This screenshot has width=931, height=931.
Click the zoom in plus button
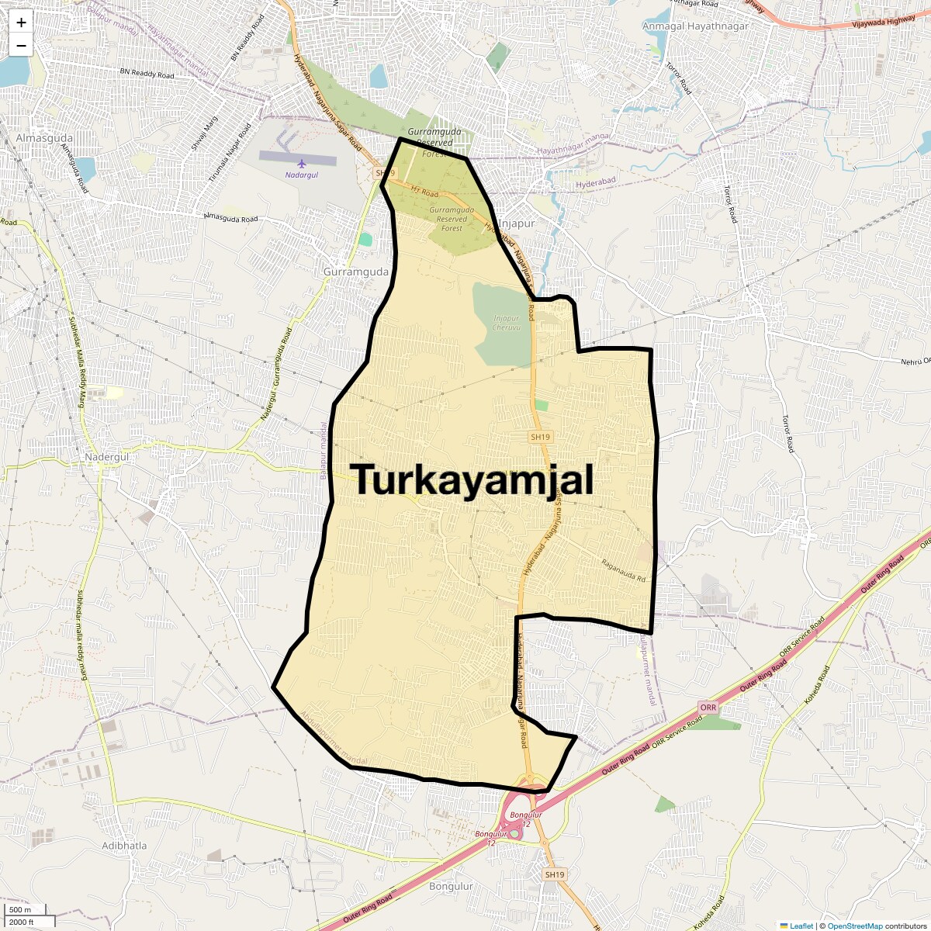[21, 22]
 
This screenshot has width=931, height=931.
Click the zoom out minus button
[21, 45]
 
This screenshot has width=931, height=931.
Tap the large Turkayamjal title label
[474, 480]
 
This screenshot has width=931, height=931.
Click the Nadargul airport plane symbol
[302, 164]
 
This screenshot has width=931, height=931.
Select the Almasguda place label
[44, 138]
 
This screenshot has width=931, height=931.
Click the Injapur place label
[517, 223]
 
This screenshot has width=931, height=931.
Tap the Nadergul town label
[106, 457]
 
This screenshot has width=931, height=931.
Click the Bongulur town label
[451, 886]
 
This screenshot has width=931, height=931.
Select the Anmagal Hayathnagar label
[695, 26]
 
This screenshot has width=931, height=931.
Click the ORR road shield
[708, 708]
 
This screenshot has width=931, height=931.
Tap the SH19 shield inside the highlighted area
[540, 437]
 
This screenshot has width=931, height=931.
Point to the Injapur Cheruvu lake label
[506, 322]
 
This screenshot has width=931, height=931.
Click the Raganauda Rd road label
[623, 572]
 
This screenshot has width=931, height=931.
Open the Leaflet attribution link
[801, 926]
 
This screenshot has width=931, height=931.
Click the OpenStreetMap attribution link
[854, 926]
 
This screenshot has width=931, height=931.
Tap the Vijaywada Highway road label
[883, 24]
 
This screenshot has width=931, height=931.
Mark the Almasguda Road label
[230, 218]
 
